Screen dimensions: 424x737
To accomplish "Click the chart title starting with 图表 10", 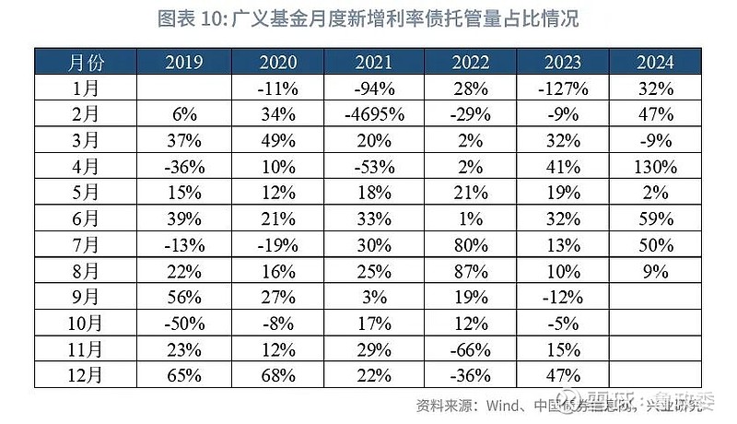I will click(368, 19).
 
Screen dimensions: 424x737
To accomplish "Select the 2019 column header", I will click(184, 63).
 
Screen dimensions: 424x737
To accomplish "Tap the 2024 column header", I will click(655, 63).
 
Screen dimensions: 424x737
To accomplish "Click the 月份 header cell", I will click(87, 63).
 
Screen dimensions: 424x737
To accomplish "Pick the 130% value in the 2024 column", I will click(655, 168).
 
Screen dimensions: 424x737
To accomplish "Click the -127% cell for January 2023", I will click(563, 89).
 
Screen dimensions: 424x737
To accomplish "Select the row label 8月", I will click(87, 272).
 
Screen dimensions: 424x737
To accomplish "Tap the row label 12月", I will click(87, 375).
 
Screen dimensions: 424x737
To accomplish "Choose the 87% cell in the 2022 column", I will click(470, 272).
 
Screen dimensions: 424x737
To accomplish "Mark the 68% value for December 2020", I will click(277, 375).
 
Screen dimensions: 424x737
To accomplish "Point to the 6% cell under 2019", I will click(184, 115).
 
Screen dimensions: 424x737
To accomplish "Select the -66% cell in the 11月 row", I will click(470, 349).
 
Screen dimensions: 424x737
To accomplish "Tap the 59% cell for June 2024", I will click(655, 219).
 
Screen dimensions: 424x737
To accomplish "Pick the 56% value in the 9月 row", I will click(184, 298).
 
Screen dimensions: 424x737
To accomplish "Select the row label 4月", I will click(87, 168).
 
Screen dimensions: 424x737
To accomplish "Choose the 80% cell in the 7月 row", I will click(470, 246).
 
